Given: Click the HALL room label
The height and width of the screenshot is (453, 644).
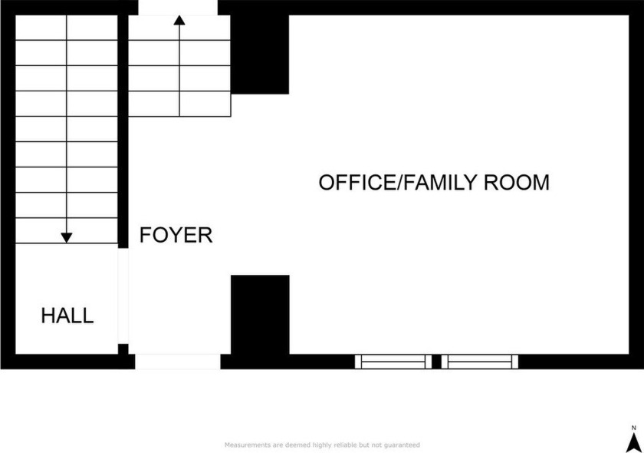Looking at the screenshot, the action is (x=67, y=316).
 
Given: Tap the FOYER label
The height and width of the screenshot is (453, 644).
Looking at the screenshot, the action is (x=176, y=235).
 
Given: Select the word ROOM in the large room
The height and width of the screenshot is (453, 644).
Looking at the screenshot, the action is (x=516, y=182).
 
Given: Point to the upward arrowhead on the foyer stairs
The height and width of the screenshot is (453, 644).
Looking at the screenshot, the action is (x=179, y=20).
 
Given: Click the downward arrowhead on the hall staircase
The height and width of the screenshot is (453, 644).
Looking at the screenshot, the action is (x=67, y=237).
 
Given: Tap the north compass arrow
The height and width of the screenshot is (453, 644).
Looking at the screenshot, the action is (x=634, y=444).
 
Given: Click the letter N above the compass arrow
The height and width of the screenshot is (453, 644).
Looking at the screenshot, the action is (x=634, y=428).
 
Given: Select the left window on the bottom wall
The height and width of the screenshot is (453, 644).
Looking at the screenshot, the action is (x=393, y=362).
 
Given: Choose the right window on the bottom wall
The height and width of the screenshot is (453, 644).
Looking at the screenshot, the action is (x=480, y=362).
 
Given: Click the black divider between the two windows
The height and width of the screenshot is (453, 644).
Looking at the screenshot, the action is (x=436, y=362).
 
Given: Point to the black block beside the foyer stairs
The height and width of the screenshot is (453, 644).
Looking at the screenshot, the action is (x=260, y=55).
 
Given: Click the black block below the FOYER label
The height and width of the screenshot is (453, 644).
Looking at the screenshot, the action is (x=260, y=315).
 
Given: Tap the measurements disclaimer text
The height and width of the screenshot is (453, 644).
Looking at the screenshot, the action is (x=322, y=445).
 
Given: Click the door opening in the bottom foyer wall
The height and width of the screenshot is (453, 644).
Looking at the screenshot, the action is (x=178, y=362).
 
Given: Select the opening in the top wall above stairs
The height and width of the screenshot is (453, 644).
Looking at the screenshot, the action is (x=178, y=8).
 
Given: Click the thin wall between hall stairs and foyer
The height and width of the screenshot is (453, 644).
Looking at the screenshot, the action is (x=123, y=131).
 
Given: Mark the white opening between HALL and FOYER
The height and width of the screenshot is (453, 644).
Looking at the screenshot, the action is (x=123, y=296).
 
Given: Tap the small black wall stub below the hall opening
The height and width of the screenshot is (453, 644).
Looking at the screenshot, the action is (x=123, y=349).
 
